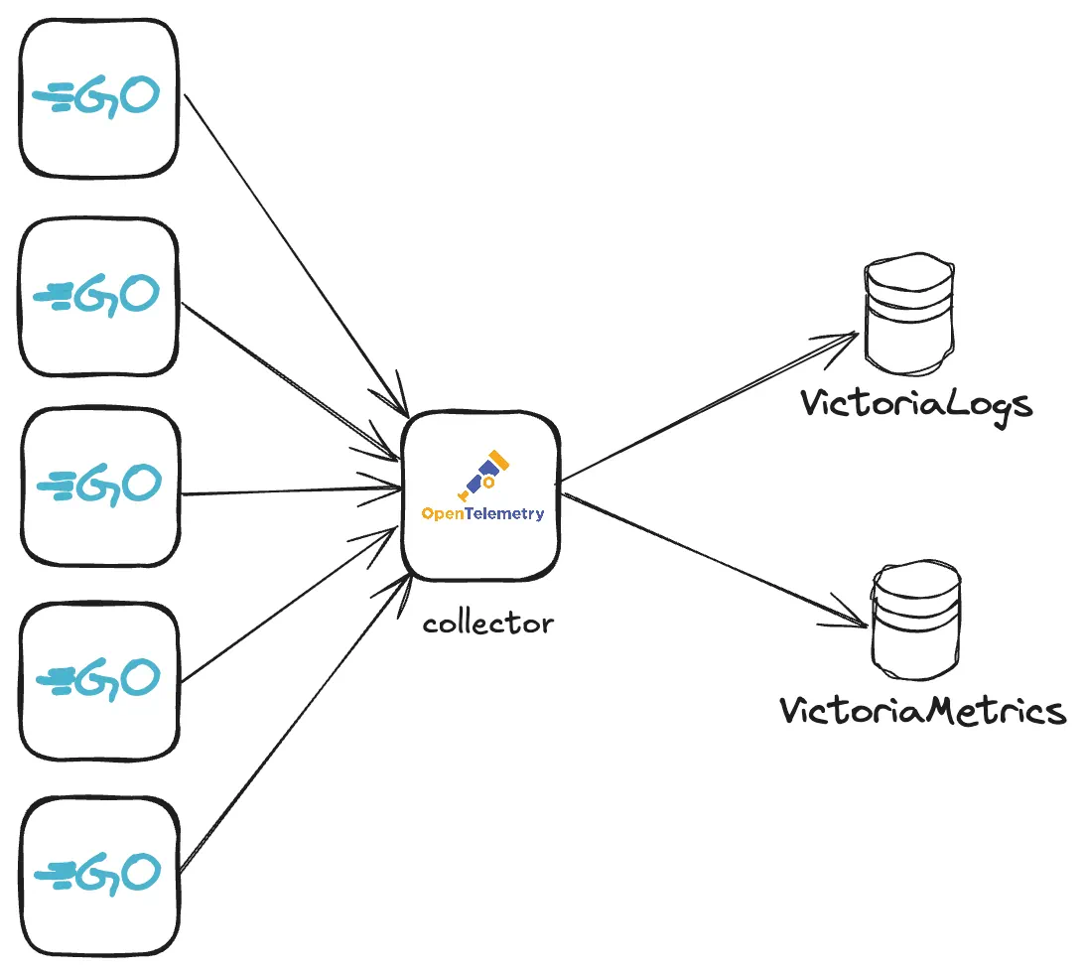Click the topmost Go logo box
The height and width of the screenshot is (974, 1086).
(x=99, y=97)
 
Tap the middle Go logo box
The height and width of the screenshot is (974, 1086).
(x=99, y=487)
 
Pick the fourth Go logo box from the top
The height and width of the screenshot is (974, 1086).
(x=99, y=680)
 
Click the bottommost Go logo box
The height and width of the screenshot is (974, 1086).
(x=99, y=874)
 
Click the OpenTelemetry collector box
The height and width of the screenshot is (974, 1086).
(x=481, y=496)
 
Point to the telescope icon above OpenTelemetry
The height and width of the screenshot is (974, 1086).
(x=483, y=475)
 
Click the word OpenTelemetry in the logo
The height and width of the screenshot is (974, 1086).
(x=482, y=514)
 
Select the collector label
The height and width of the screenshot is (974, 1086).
(x=487, y=625)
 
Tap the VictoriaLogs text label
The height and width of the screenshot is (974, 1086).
(x=916, y=404)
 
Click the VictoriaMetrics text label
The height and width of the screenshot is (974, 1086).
(x=922, y=711)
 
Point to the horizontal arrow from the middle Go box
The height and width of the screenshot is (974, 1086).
(x=288, y=491)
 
